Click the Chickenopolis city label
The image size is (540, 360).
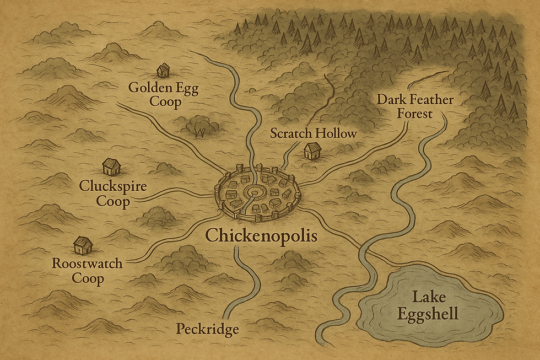coord(261,236)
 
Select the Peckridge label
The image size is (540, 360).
coord(207,329)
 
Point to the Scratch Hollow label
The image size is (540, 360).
coord(314,133)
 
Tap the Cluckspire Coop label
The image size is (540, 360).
coord(114,194)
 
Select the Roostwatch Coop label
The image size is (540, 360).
coord(87,270)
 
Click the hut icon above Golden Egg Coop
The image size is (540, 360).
coord(163,70)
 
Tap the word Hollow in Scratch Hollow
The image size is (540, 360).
coord(337,133)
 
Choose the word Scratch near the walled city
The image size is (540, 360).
coord(292,133)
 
